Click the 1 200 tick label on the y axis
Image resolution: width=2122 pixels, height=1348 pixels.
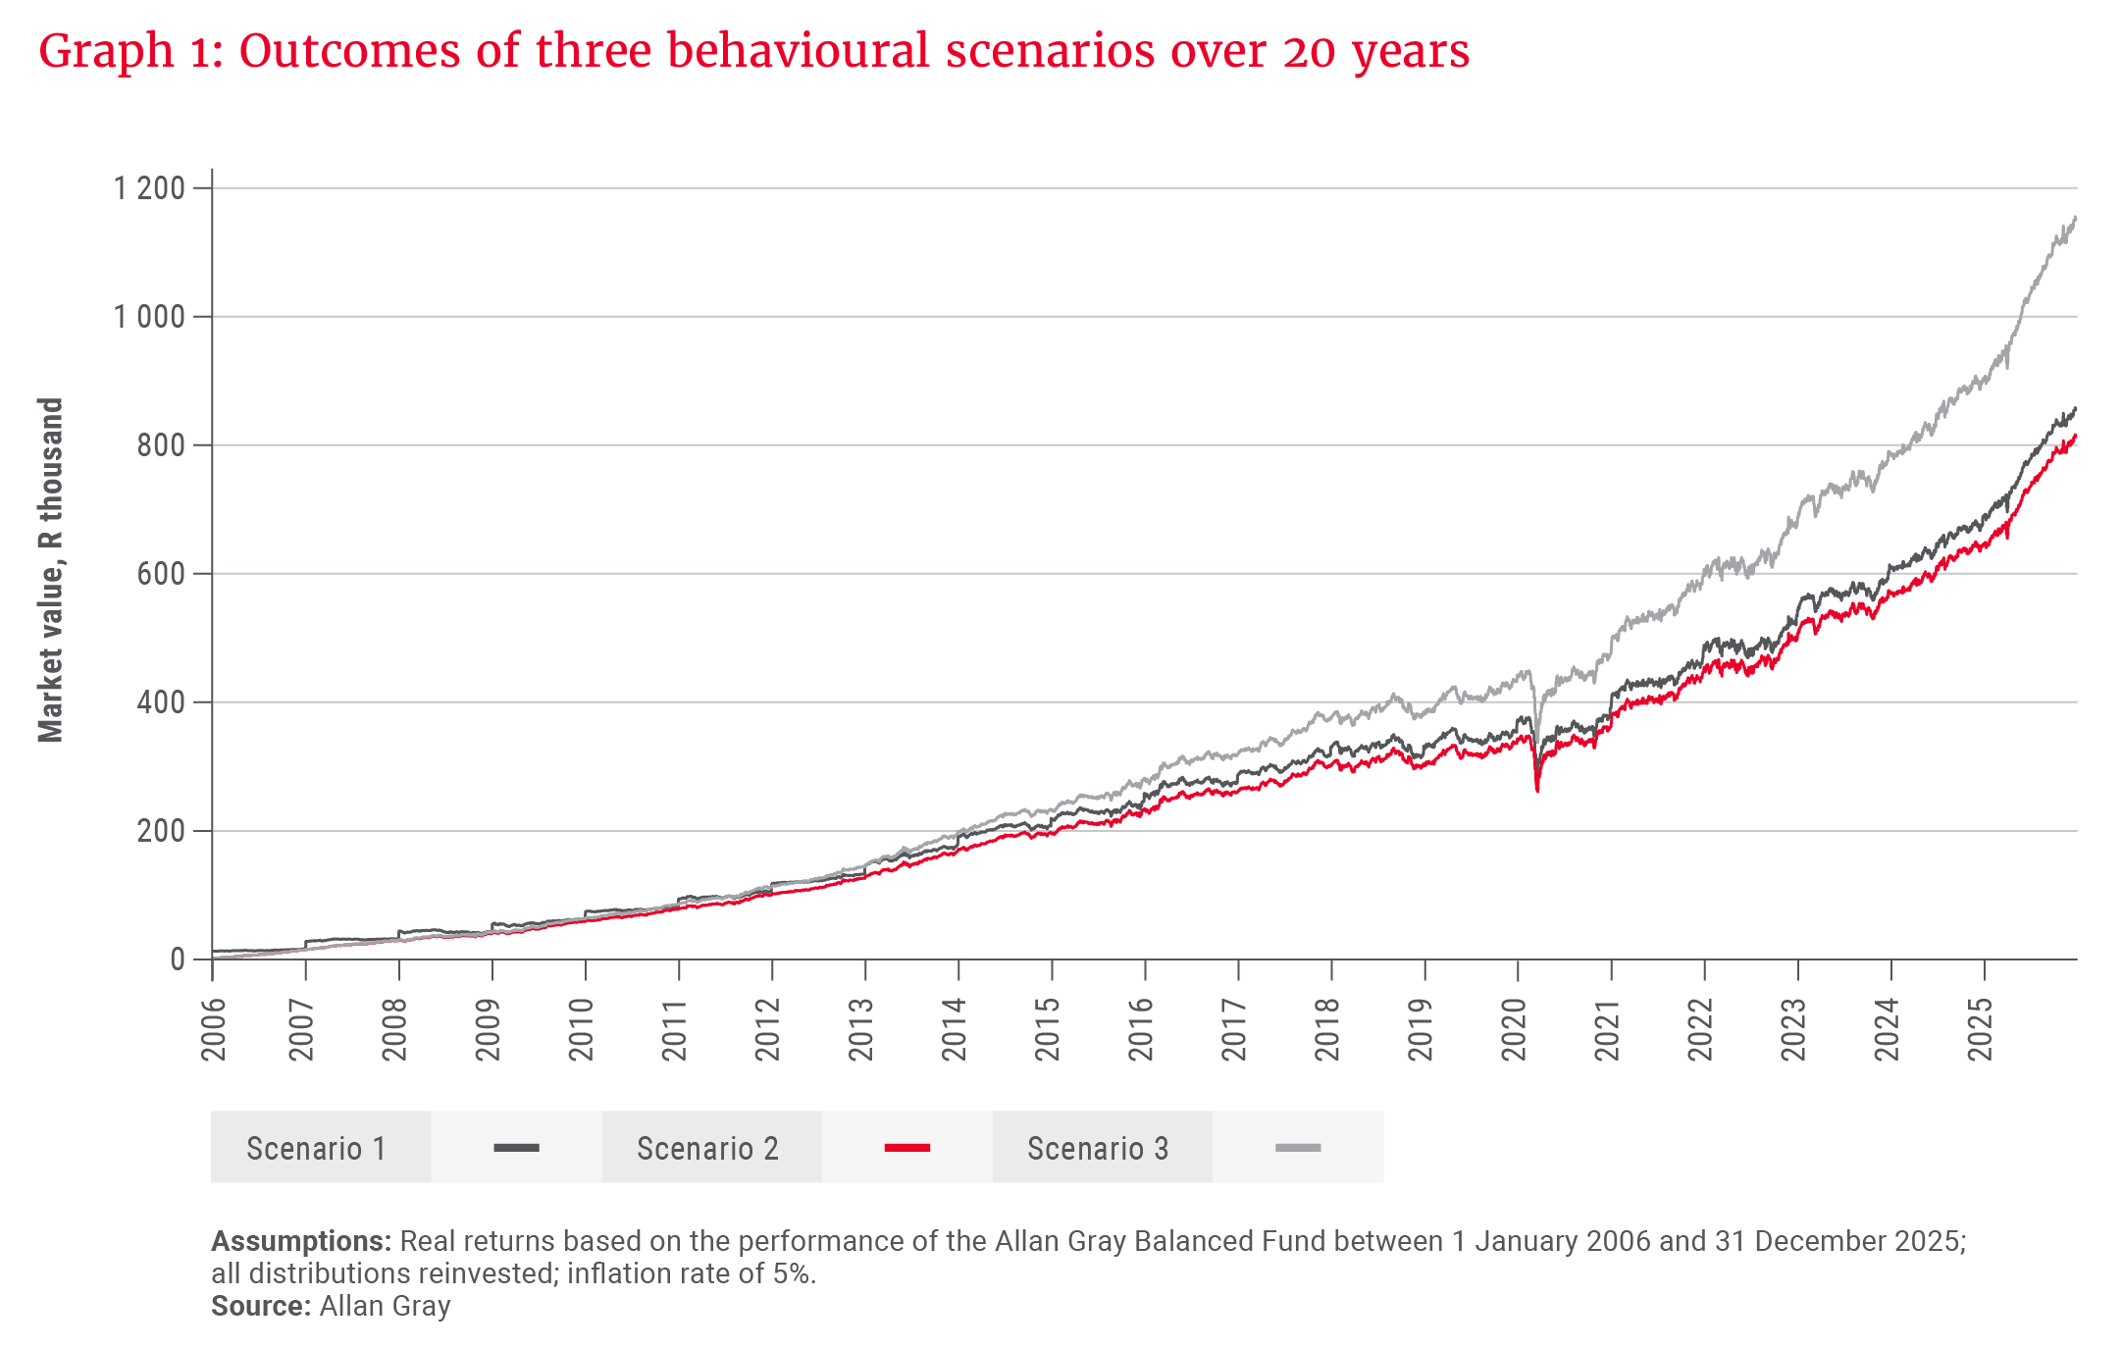(x=149, y=187)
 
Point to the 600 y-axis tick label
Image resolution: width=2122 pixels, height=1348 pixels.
(x=161, y=574)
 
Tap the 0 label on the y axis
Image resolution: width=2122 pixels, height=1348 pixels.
(x=177, y=959)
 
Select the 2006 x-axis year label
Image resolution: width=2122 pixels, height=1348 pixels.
(x=213, y=1029)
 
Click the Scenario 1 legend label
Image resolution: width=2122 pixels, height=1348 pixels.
(x=316, y=1148)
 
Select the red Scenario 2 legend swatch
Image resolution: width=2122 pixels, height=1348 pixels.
(x=906, y=1148)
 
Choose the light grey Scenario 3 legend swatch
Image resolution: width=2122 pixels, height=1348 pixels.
(x=1297, y=1148)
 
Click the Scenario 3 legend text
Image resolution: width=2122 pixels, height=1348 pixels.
(x=1098, y=1148)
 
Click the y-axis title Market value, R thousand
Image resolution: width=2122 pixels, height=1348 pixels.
(x=51, y=569)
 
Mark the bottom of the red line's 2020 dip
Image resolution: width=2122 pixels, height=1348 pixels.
(x=1537, y=790)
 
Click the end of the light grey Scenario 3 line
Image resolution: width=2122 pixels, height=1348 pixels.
(x=2075, y=218)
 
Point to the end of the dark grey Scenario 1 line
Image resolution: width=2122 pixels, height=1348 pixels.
(x=2075, y=409)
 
